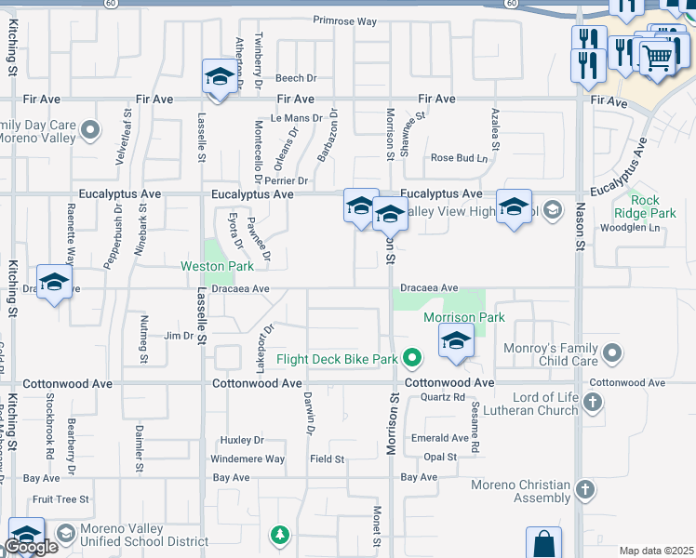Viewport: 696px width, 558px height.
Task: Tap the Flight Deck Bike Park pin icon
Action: click(413, 358)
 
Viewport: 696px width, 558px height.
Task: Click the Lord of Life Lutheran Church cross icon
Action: click(593, 404)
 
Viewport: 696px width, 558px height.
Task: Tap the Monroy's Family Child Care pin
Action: click(612, 353)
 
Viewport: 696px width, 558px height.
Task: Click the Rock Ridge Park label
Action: click(645, 206)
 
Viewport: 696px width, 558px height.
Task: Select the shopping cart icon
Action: click(657, 57)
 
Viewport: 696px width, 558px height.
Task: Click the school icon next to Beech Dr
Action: click(220, 78)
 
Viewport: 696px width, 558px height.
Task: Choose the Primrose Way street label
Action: click(344, 20)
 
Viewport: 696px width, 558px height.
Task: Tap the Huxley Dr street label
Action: click(242, 440)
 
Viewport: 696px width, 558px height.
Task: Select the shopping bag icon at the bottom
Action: click(543, 543)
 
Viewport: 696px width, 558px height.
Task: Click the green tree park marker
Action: click(279, 535)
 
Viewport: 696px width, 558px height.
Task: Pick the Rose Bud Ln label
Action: click(459, 158)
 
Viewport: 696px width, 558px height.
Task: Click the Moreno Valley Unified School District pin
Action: click(65, 533)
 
